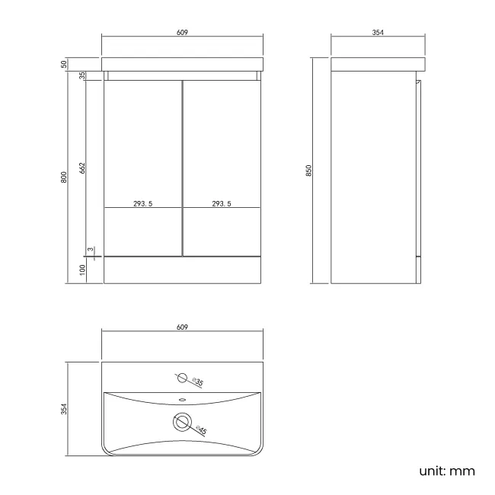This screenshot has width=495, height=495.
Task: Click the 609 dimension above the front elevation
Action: (x=183, y=32)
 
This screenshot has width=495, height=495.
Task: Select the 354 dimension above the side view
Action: (x=376, y=32)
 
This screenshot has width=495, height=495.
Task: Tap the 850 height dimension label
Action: (x=309, y=171)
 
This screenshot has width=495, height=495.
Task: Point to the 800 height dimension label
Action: (x=65, y=177)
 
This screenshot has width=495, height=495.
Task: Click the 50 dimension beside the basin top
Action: (x=65, y=63)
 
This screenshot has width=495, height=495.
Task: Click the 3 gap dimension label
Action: (x=90, y=250)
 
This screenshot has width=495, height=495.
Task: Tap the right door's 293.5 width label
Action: (x=222, y=203)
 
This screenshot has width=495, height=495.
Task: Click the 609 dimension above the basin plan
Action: (x=183, y=327)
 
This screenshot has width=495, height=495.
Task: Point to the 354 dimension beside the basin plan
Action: (x=65, y=409)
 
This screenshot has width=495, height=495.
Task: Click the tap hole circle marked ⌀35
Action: (x=181, y=377)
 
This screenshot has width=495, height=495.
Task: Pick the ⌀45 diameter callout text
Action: (x=202, y=430)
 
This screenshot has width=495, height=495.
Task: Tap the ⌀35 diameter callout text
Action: (x=197, y=382)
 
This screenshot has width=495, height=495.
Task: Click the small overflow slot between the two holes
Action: (x=182, y=398)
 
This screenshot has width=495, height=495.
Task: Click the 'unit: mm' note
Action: (x=447, y=471)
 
